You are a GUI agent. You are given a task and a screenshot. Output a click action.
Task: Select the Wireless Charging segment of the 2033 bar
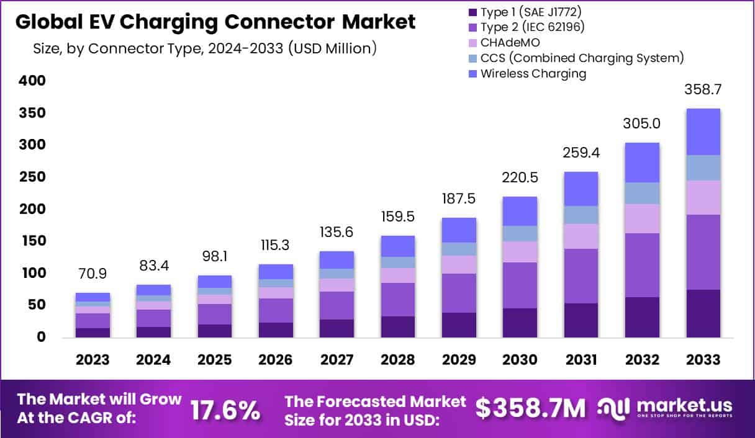coord(703,132)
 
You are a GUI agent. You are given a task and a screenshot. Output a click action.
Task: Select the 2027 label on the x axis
coord(337,360)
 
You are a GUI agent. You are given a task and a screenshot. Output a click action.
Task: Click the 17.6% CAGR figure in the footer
coord(225,409)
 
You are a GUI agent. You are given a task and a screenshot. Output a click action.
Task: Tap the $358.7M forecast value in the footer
coord(530,408)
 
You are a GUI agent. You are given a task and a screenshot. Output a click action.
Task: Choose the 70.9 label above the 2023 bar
coord(93,274)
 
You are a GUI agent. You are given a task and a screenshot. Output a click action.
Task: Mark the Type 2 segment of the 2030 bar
coord(519,285)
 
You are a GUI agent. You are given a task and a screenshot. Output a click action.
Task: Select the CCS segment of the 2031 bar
coord(580,215)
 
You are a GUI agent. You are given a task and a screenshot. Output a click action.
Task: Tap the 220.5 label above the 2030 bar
coord(519,177)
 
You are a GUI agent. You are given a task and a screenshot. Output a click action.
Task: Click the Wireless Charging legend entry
coord(533,74)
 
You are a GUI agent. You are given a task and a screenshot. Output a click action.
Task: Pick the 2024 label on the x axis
coord(154,360)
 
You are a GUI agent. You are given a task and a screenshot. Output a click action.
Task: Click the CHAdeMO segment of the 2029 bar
coord(458,265)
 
